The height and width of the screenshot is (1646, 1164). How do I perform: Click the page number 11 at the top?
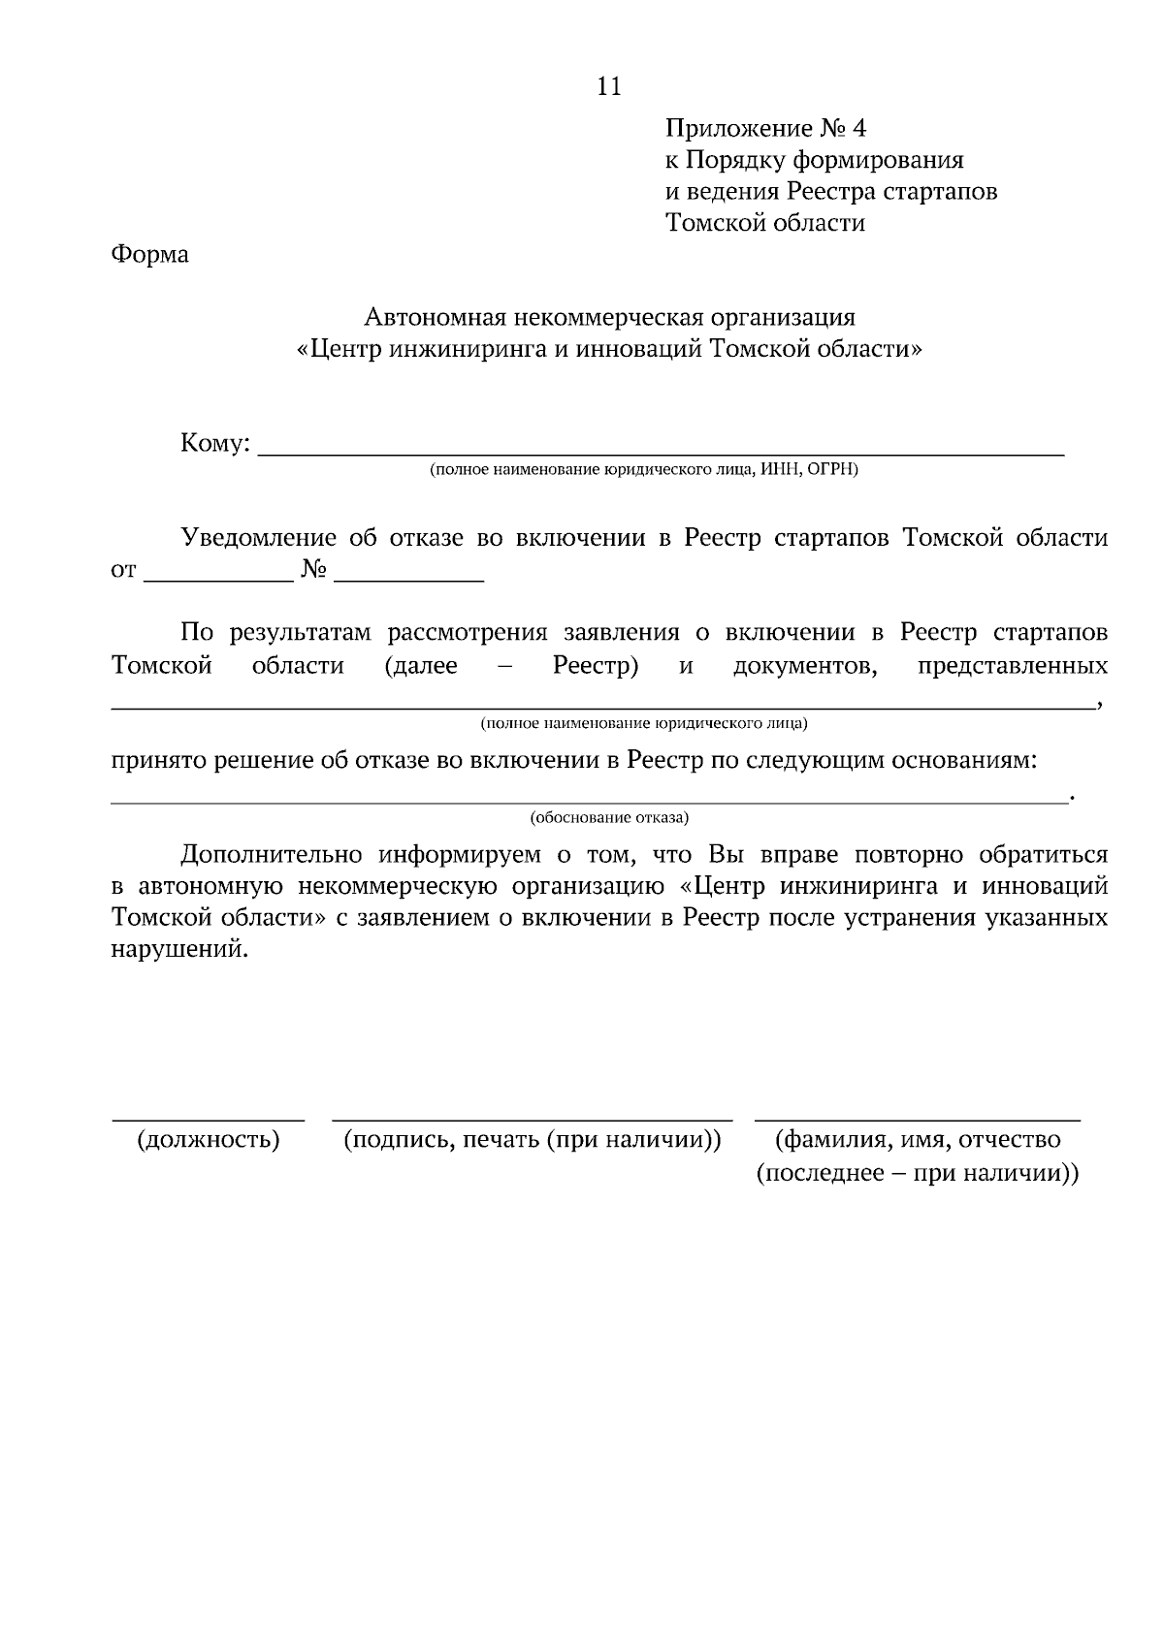tap(608, 86)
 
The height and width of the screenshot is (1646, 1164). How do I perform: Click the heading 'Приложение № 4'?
tap(765, 128)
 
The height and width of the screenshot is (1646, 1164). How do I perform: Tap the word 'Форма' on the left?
tap(149, 255)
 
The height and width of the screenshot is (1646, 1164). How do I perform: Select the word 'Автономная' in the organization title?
tap(430, 317)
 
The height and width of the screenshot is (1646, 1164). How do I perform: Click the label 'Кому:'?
tap(215, 444)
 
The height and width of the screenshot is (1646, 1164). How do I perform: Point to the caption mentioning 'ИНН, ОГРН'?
tap(644, 470)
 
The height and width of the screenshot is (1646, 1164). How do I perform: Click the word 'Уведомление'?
tap(259, 538)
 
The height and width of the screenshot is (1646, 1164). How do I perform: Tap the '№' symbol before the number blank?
tap(312, 570)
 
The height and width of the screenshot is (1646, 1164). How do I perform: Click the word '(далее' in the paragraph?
tap(420, 666)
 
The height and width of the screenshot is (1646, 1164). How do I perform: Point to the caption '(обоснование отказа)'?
tap(609, 817)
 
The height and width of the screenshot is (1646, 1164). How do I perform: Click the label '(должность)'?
tap(209, 1139)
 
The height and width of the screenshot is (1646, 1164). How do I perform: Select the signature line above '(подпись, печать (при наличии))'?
tap(532, 1120)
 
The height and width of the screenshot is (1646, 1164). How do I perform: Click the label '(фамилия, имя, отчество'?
tap(917, 1139)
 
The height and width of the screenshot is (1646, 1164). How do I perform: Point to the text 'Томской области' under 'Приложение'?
tap(764, 223)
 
